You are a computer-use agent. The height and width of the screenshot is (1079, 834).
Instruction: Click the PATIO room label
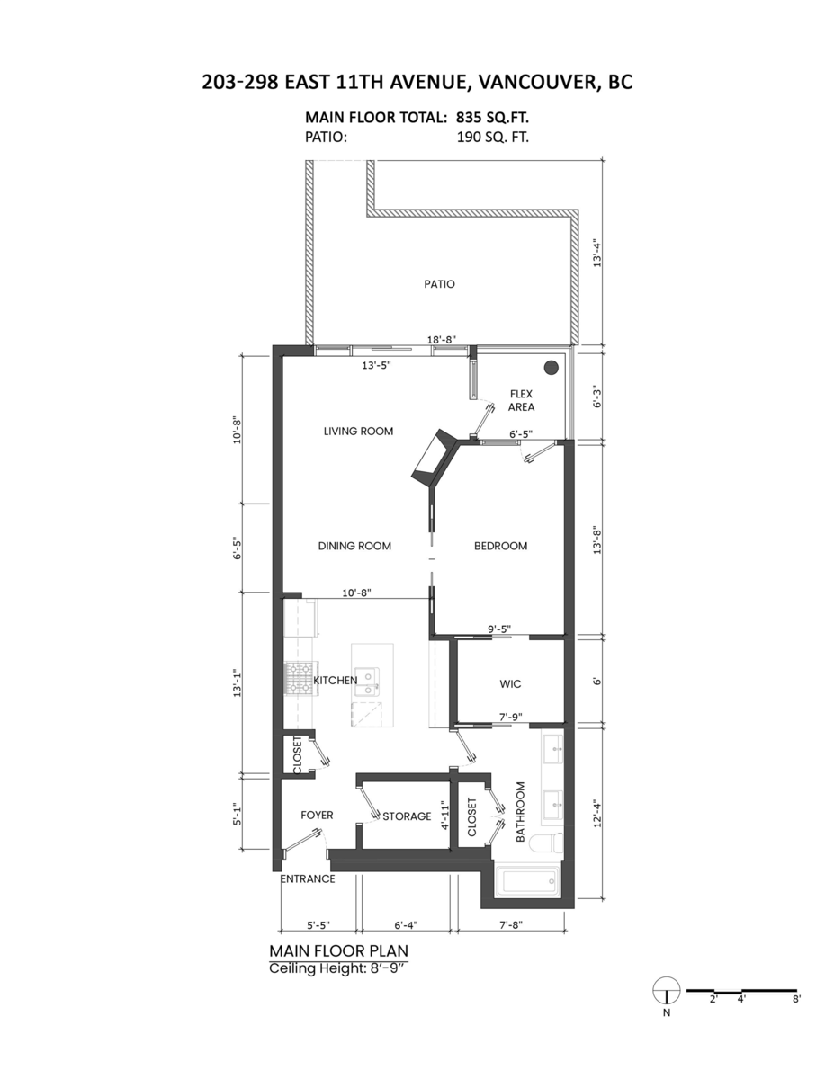(x=439, y=284)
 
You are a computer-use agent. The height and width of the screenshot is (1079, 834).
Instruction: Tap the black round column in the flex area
(x=552, y=368)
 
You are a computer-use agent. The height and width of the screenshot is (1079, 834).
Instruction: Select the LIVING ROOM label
(x=358, y=432)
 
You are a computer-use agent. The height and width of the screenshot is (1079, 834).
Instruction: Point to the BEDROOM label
(x=500, y=546)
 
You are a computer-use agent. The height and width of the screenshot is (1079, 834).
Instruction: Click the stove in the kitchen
(x=298, y=679)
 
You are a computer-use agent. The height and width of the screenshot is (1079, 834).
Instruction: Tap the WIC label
(x=510, y=684)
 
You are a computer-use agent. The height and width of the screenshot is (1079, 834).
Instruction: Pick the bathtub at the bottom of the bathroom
(x=531, y=880)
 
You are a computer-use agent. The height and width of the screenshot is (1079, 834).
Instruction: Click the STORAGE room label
(x=407, y=816)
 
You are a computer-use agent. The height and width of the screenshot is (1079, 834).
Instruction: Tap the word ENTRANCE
(x=308, y=878)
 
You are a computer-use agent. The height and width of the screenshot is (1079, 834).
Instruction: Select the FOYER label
(x=317, y=816)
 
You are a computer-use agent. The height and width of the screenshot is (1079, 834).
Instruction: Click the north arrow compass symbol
(x=665, y=990)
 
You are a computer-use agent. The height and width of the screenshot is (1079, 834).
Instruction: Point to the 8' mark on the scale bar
(x=796, y=998)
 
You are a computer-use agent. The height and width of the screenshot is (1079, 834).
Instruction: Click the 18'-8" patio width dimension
(x=442, y=340)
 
